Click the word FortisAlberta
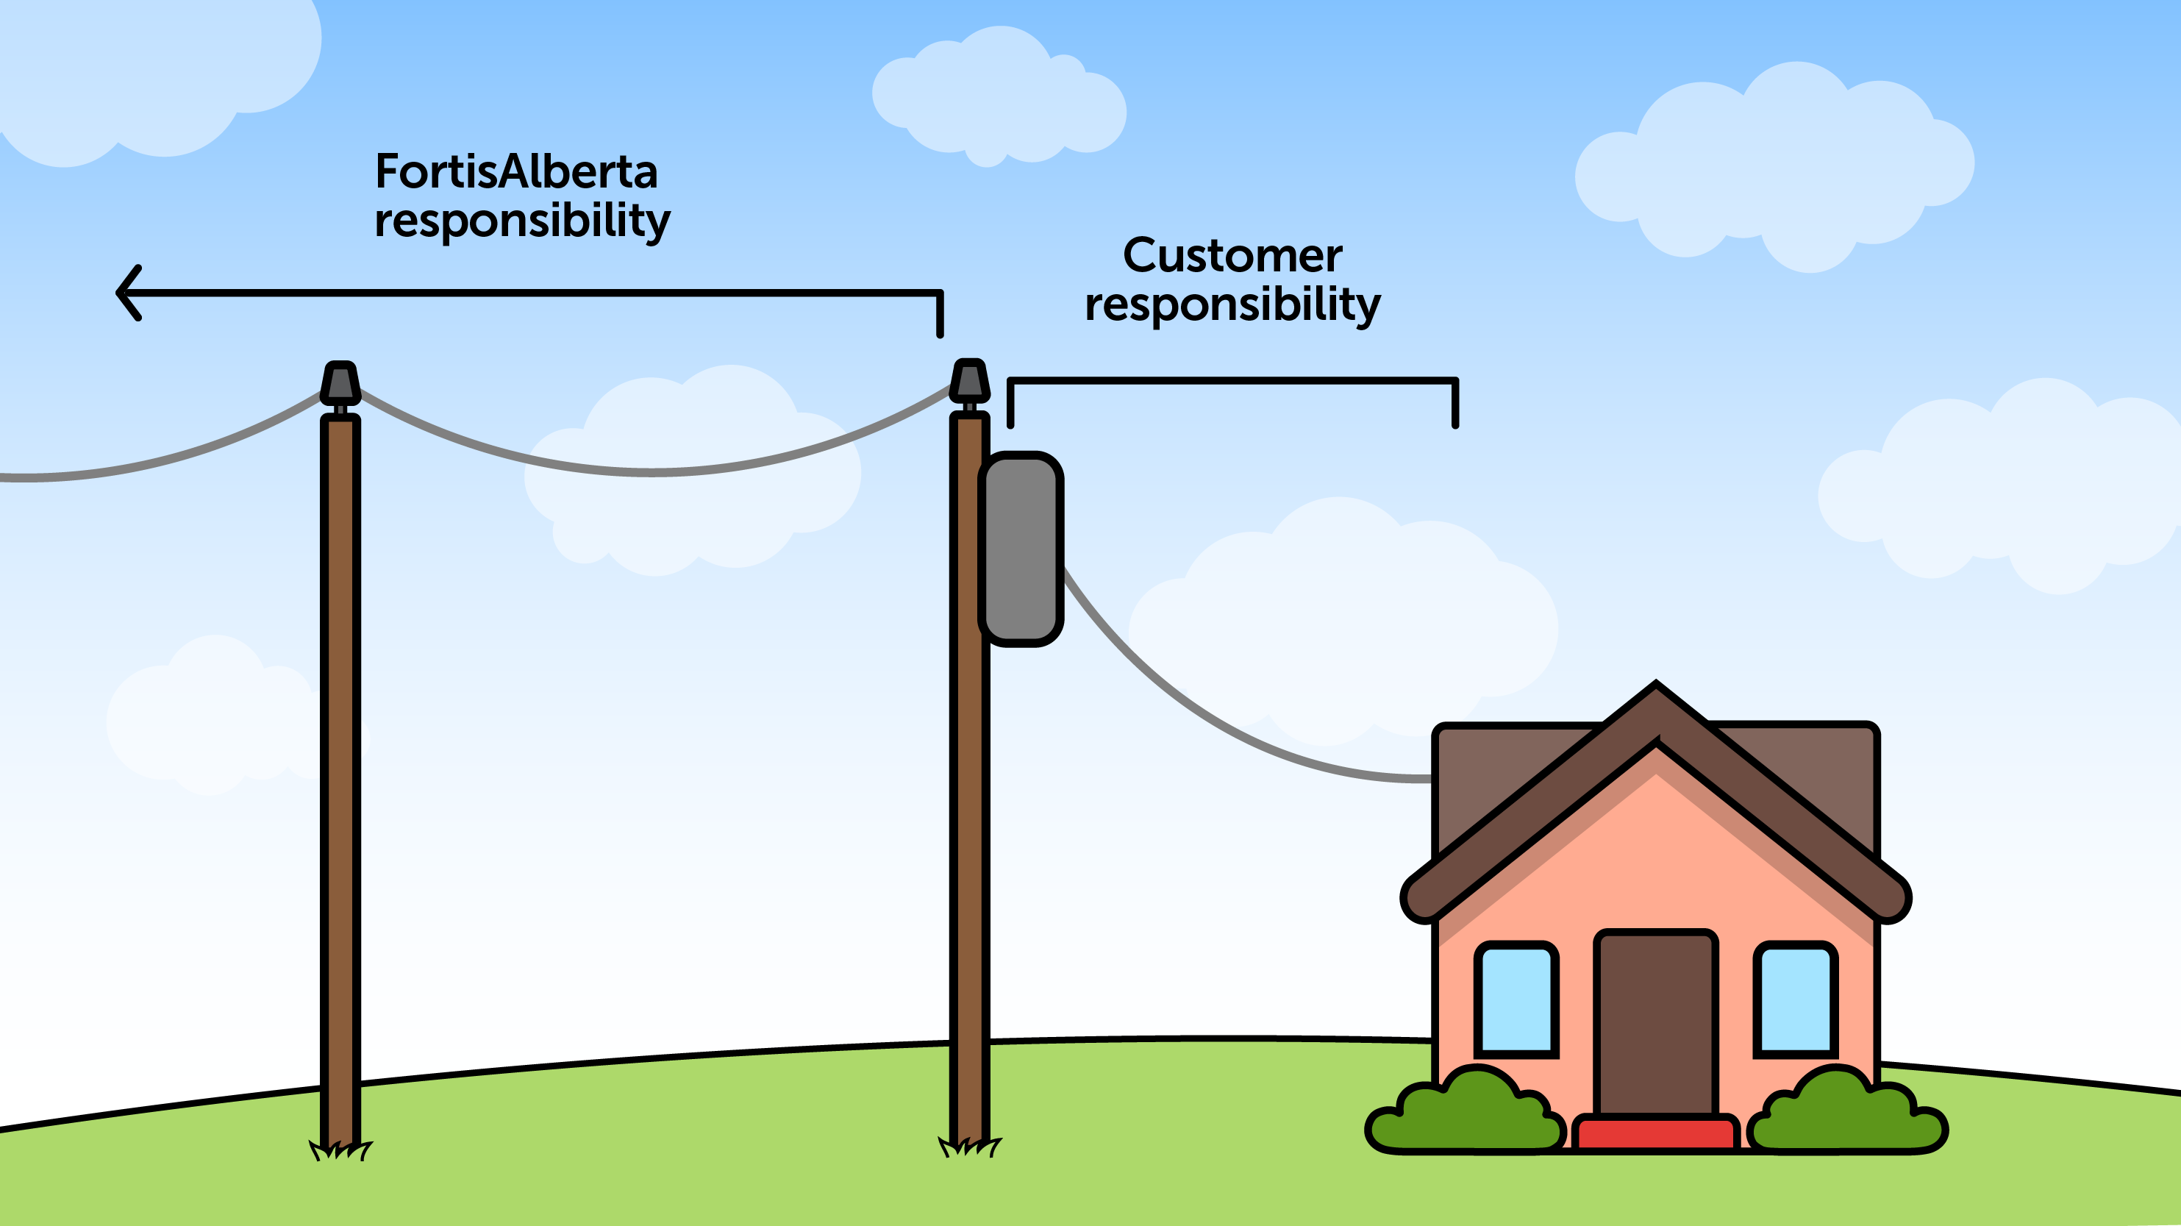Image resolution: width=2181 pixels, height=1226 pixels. coord(515,172)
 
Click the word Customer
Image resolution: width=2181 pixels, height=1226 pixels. coord(1232,255)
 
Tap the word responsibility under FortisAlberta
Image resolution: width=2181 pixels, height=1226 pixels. coord(521,220)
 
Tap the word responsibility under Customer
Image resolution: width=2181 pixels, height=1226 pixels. coord(1232,304)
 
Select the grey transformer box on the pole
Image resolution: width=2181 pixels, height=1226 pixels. coord(1021,549)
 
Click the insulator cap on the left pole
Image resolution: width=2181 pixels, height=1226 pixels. coord(340,382)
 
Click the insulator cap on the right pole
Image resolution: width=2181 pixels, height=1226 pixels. coord(969,380)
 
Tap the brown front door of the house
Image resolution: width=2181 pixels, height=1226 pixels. coord(1655,1024)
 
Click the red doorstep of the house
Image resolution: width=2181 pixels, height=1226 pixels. coord(1655,1133)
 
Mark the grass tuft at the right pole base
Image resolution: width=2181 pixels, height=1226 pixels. coord(969,1147)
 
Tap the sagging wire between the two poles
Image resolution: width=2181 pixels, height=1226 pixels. coord(652,471)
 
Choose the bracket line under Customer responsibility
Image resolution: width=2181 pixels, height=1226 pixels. coord(1232,381)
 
